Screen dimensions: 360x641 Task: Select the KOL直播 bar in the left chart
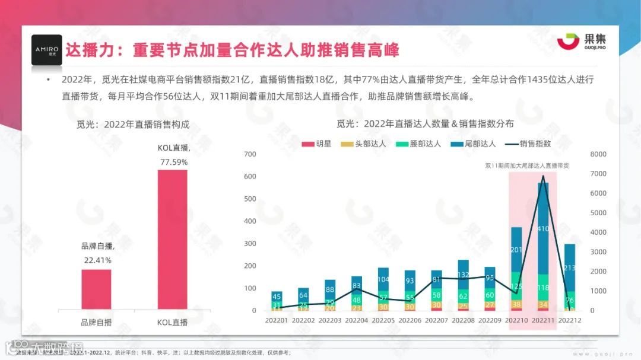pos(172,240)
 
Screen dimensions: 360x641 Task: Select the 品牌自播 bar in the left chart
pos(96,289)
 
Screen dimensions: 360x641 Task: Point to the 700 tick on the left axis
pos(250,154)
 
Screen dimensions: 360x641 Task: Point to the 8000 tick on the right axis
pos(598,154)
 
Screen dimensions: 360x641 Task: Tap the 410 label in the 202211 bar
pos(543,228)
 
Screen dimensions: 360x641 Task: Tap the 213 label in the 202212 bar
pos(570,268)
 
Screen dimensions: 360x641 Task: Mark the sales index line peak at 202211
pos(542,176)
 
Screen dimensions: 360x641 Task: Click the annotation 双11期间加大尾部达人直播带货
pos(526,165)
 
